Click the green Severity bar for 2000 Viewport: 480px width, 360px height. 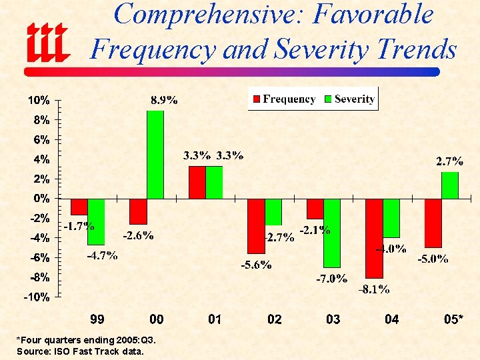click(x=155, y=155)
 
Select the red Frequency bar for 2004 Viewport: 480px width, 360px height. click(x=375, y=238)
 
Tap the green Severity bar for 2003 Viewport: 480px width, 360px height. click(x=332, y=233)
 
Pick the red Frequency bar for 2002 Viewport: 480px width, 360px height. click(x=256, y=226)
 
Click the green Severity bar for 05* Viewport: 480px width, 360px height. click(x=450, y=185)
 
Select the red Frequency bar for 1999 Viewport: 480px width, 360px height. click(x=79, y=207)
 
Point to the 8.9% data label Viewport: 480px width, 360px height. click(x=164, y=101)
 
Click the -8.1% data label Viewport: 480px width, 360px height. click(x=374, y=289)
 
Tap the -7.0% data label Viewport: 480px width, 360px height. click(x=331, y=279)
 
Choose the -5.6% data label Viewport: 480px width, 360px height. click(x=256, y=265)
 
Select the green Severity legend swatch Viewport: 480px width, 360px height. click(x=327, y=99)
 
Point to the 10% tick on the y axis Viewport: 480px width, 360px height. click(x=38, y=101)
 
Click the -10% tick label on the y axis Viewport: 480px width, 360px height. click(x=37, y=297)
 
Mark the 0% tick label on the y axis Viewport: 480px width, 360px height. click(x=40, y=199)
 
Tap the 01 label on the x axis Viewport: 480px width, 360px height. click(x=215, y=320)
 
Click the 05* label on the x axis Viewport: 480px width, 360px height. click(x=454, y=320)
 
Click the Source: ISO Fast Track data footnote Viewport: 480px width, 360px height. click(x=79, y=351)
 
